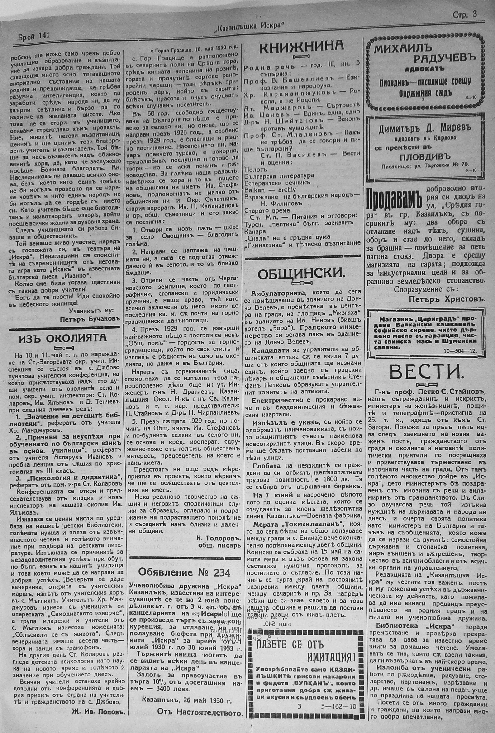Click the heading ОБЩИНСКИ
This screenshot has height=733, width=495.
pos(301,274)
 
